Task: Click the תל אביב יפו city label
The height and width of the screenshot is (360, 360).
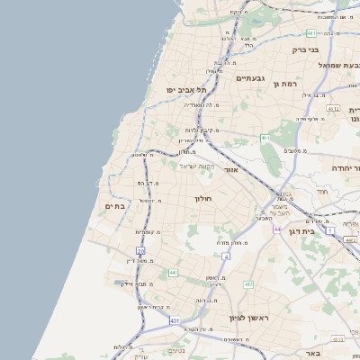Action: click(x=186, y=90)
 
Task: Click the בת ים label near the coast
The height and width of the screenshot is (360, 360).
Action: click(x=116, y=206)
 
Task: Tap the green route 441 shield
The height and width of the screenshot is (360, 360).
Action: click(x=172, y=271)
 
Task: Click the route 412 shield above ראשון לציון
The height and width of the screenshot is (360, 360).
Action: click(x=248, y=284)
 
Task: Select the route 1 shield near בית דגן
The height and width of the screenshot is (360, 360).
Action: click(x=330, y=231)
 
